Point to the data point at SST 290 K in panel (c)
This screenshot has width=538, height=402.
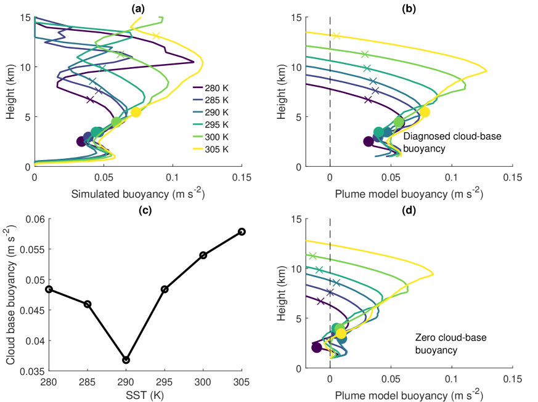(126, 360)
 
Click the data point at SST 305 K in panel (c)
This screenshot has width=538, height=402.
(242, 231)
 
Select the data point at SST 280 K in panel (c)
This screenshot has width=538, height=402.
(49, 289)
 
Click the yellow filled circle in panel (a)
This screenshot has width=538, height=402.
(136, 112)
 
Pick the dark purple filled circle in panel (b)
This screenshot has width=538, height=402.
(369, 142)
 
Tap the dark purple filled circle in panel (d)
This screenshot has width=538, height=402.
(317, 348)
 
